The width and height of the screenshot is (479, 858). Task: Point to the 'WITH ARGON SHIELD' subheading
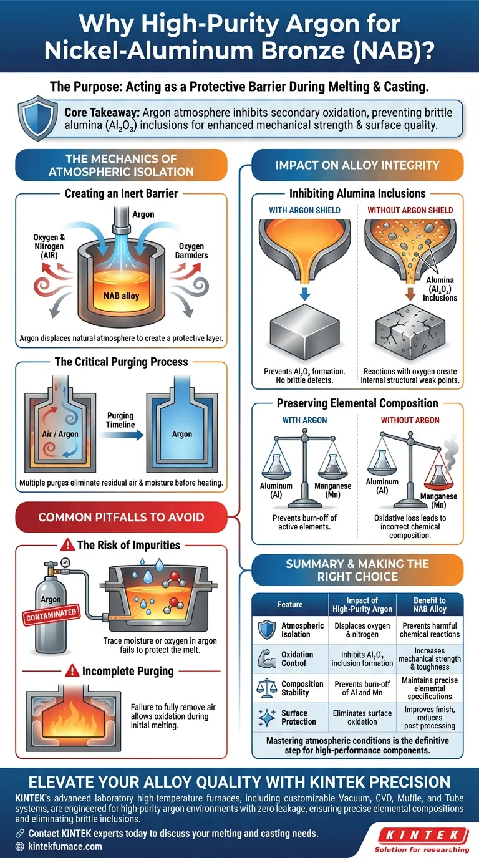click(304, 210)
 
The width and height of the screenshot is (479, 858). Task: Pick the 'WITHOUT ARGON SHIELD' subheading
click(410, 210)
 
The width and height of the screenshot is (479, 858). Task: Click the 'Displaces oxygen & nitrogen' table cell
click(362, 630)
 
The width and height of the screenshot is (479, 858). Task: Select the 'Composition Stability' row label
click(302, 688)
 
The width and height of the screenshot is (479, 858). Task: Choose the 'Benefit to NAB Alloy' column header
click(430, 604)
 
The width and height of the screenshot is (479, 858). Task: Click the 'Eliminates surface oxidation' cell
click(362, 717)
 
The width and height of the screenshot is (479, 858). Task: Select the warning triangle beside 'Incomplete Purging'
click(72, 672)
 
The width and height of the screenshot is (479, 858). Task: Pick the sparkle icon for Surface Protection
click(267, 717)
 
